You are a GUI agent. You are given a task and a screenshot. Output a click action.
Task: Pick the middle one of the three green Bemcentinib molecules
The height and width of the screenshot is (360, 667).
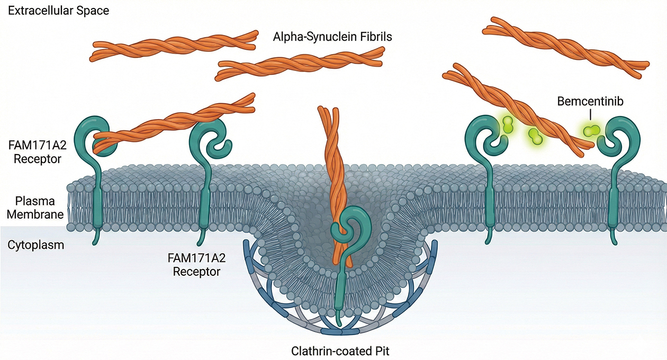coord(535,137)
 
